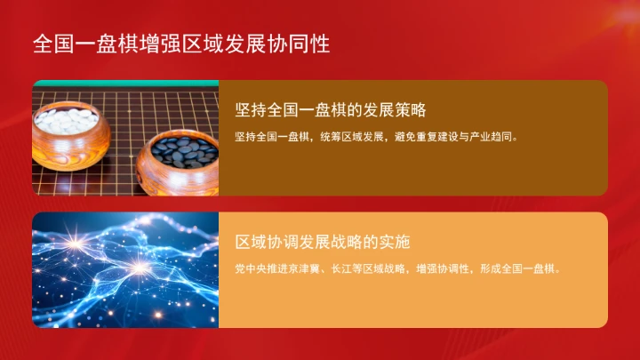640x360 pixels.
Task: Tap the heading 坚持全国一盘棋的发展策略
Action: tap(332, 111)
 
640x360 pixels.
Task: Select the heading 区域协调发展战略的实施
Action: tap(322, 242)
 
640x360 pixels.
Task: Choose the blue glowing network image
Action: tap(125, 269)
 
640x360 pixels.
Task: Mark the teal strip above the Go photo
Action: tap(125, 83)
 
